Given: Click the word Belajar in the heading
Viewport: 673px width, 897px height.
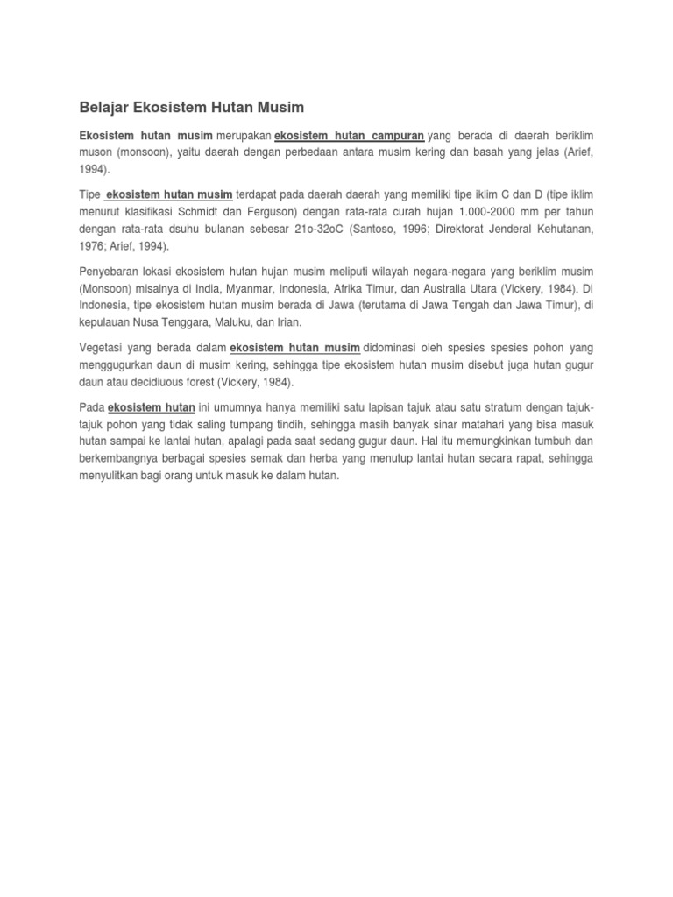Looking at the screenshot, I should [x=103, y=108].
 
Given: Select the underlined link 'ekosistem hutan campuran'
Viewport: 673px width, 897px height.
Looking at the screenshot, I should [x=350, y=136].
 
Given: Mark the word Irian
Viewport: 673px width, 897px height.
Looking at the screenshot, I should [x=286, y=322].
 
